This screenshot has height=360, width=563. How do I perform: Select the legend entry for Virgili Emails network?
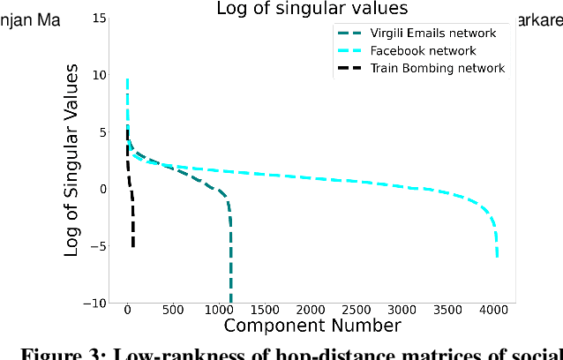coord(432,34)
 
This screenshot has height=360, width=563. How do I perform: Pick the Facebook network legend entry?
coord(423,50)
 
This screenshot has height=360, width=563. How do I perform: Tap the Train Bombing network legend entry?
coord(437,68)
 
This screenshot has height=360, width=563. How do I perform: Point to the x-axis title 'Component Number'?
coord(312,326)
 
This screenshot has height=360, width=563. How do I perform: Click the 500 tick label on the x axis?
coord(173,311)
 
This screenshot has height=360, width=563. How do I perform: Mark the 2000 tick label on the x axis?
coord(310,311)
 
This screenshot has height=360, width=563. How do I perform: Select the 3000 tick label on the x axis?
coord(402,311)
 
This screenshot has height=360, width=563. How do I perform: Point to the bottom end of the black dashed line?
coord(133,246)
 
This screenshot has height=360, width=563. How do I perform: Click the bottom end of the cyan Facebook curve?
coord(498,257)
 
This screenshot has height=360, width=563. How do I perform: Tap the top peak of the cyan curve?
coord(127,79)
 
